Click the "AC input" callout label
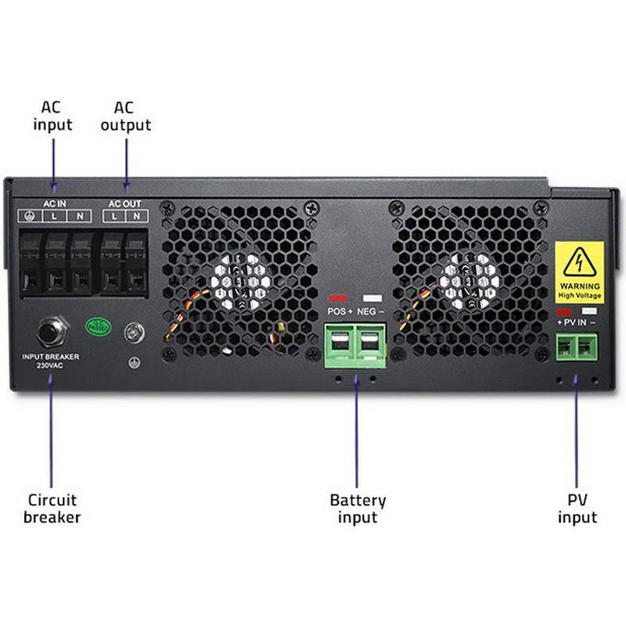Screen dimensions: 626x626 (52, 116)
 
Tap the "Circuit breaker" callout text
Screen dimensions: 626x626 (52, 508)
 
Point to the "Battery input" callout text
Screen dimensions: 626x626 (358, 508)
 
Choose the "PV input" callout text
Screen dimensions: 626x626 (577, 508)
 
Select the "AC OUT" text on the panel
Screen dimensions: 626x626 (125, 203)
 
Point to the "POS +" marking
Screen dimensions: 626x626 (340, 311)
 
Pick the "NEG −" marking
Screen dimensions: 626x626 (372, 311)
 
